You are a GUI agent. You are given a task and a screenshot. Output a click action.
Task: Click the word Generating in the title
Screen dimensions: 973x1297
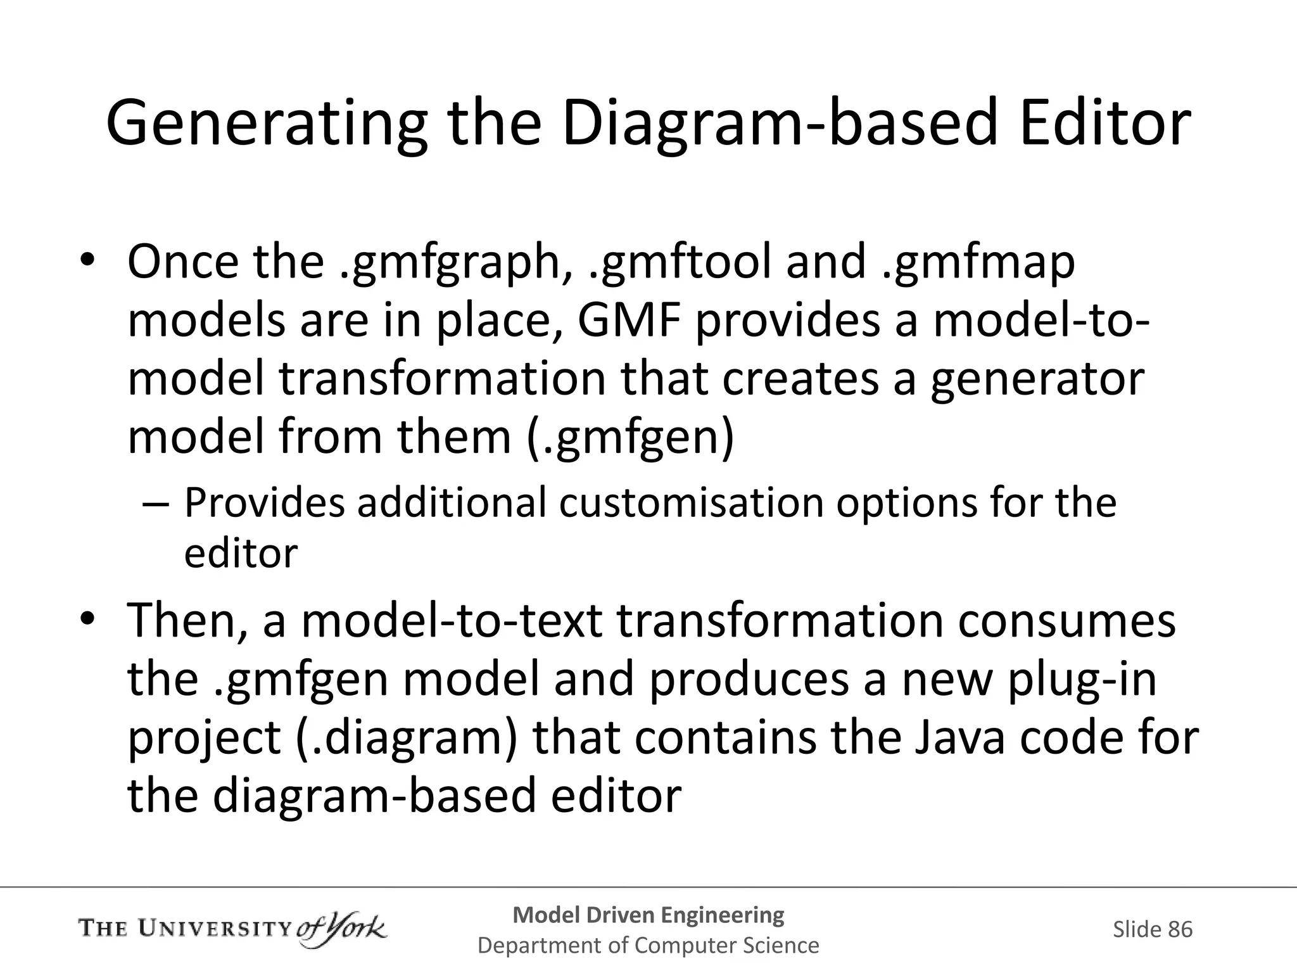(x=266, y=124)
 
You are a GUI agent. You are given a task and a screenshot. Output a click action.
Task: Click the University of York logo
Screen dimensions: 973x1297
(x=232, y=929)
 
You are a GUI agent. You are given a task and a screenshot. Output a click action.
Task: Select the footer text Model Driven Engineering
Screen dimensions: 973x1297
(x=648, y=915)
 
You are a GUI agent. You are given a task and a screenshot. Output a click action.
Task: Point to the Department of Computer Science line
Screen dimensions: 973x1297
(x=648, y=945)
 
